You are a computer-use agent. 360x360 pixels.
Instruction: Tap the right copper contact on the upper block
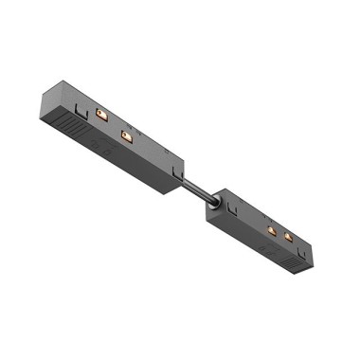124,136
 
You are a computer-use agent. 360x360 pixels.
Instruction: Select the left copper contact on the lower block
271,231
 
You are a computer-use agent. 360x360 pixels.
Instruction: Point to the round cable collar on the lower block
217,202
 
